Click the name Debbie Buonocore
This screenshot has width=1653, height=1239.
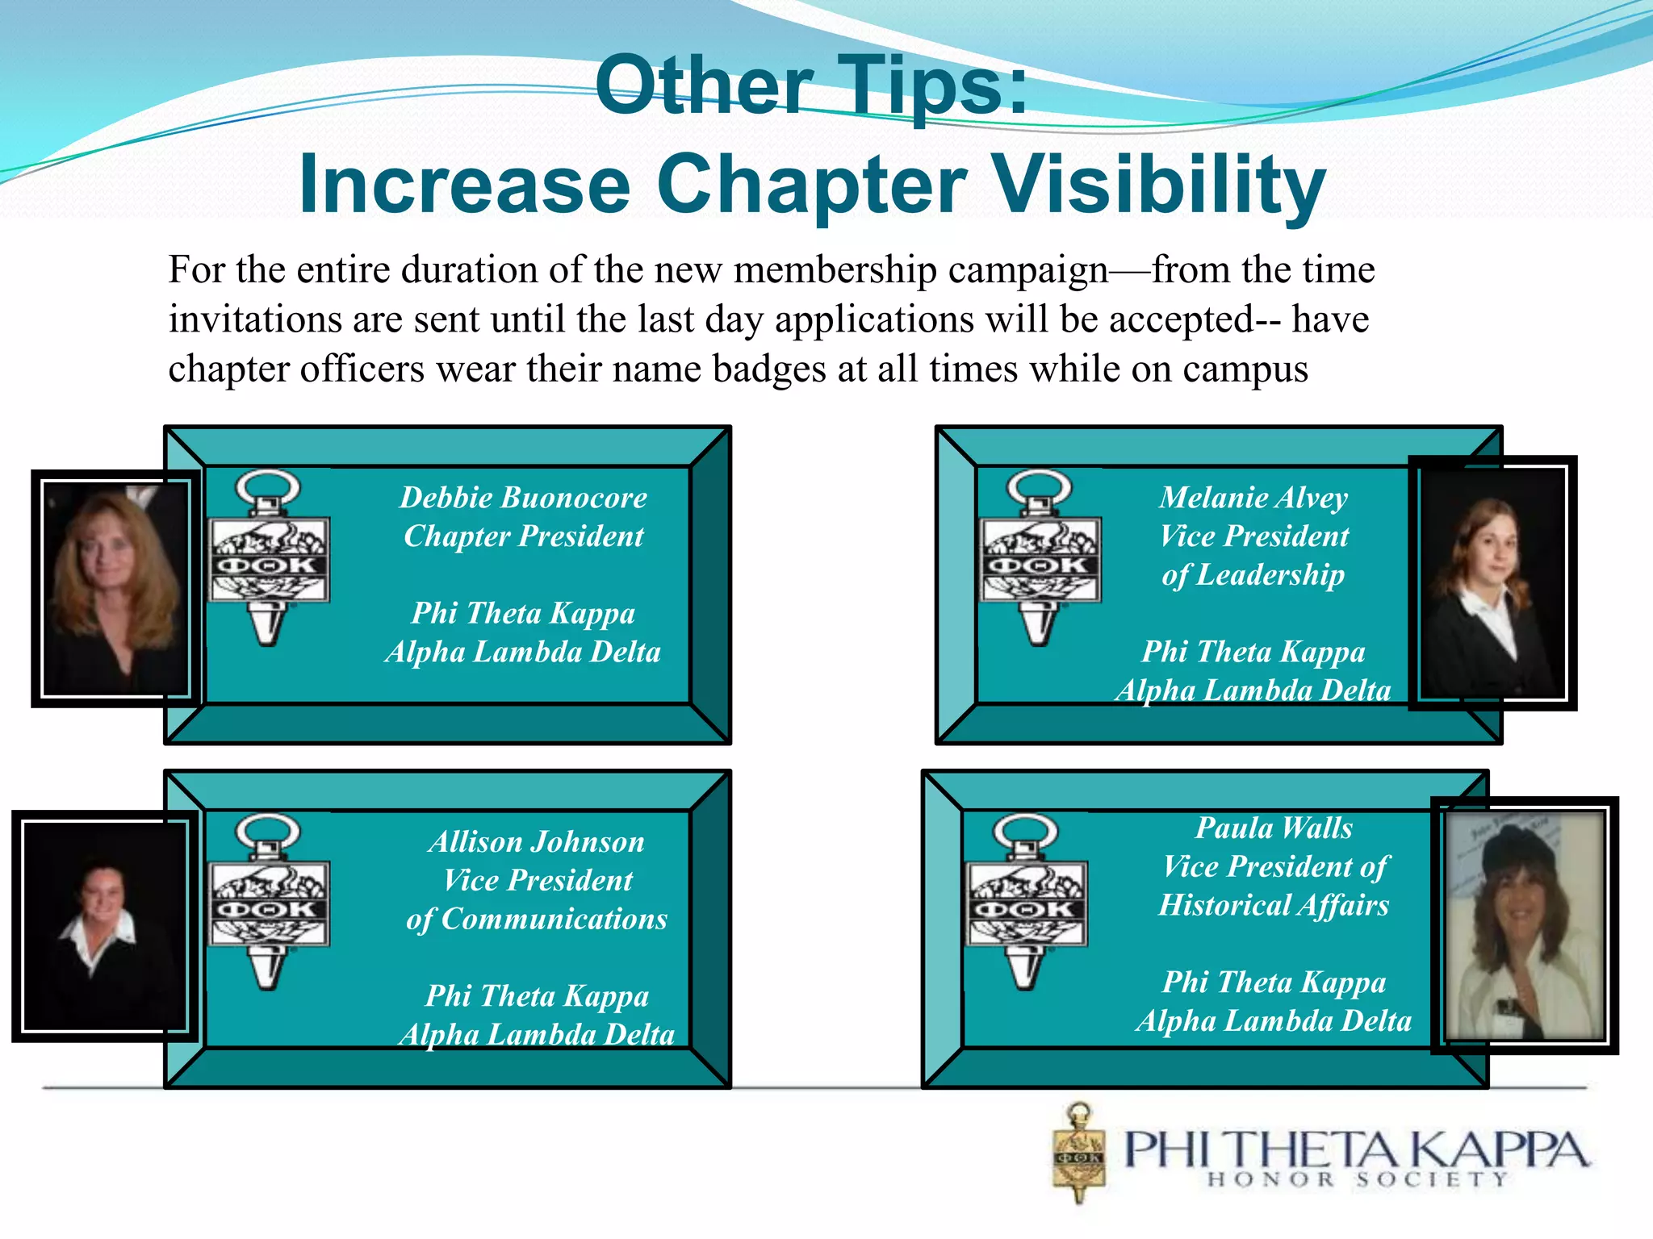523,497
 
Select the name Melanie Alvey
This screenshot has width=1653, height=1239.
1253,497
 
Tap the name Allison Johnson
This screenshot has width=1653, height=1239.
537,841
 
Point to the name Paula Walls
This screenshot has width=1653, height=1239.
1274,828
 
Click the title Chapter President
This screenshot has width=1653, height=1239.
523,536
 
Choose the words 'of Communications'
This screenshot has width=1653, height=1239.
537,919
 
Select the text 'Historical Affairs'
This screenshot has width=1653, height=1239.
1274,905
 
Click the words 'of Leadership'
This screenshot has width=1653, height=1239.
1253,574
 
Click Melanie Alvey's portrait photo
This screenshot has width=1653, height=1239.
1492,582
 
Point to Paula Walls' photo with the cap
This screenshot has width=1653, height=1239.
1524,925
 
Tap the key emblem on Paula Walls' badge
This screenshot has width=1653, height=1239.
1027,902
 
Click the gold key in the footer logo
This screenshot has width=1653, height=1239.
1079,1153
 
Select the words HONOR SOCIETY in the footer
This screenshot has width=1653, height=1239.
1357,1179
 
